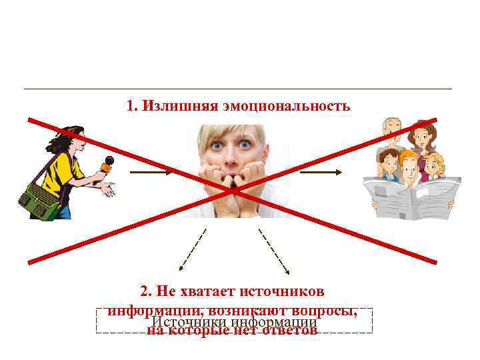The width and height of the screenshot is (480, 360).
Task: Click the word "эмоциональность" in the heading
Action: point(297,106)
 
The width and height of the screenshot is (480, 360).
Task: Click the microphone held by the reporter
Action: point(106,162)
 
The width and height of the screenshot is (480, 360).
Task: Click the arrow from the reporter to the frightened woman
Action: point(151,171)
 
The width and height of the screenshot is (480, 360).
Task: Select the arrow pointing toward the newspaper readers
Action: point(321,171)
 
